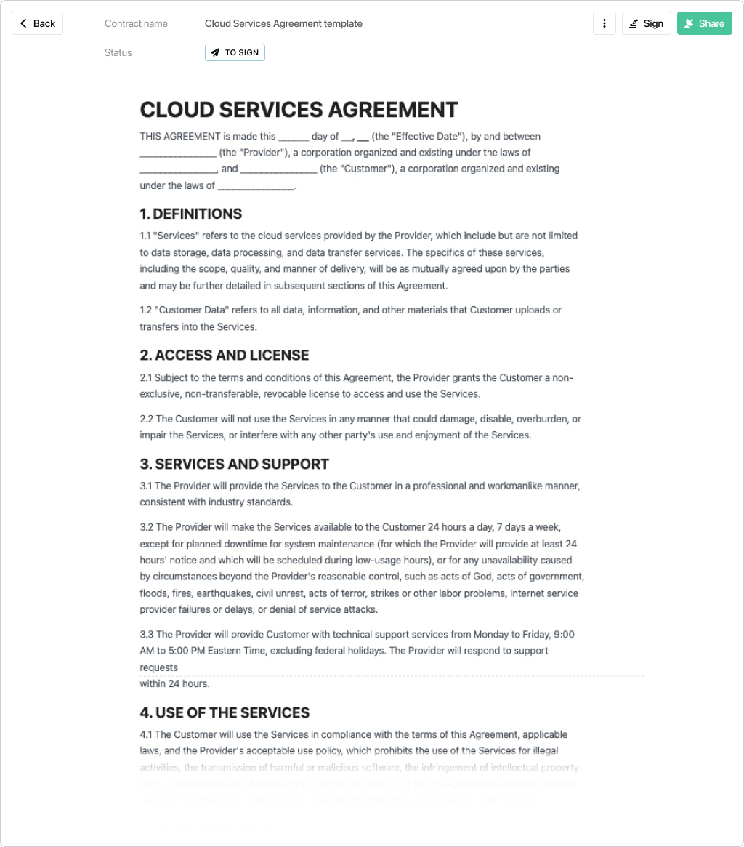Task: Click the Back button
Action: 37,23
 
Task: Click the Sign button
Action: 646,23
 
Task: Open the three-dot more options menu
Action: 604,23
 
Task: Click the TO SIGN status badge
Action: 235,52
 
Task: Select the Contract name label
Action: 136,23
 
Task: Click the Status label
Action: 118,52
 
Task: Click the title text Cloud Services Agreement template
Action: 283,23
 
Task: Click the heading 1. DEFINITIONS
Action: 190,214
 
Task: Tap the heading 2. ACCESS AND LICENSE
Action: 224,355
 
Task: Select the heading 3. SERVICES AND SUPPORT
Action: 234,464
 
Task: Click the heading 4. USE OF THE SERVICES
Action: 225,712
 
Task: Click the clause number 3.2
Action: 147,527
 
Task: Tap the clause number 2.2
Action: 147,419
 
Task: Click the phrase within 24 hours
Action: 174,683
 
